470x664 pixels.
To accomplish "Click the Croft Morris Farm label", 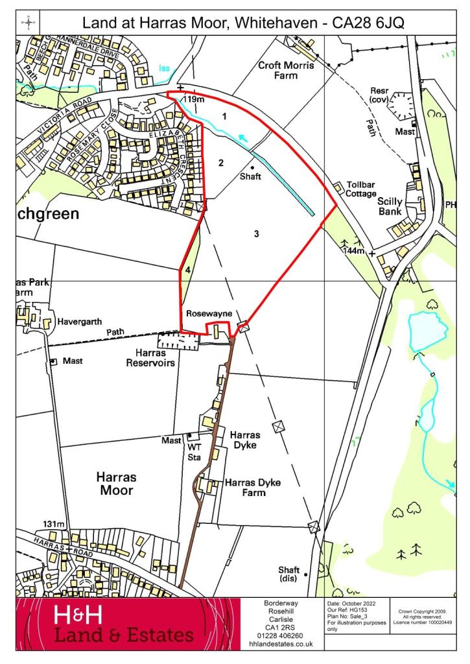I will pyautogui.click(x=285, y=70).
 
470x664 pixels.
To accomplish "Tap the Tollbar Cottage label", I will pyautogui.click(x=361, y=189).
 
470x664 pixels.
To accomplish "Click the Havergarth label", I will pyautogui.click(x=80, y=321).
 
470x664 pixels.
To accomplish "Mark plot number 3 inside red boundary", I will pyautogui.click(x=257, y=233).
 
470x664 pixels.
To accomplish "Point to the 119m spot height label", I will pyautogui.click(x=193, y=99).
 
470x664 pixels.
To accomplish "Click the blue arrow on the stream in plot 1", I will pyautogui.click(x=242, y=137).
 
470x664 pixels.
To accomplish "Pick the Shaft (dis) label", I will pyautogui.click(x=288, y=574).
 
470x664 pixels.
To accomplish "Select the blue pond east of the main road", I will pyautogui.click(x=427, y=330).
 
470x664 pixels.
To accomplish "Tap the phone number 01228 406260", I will pyautogui.click(x=281, y=635).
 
